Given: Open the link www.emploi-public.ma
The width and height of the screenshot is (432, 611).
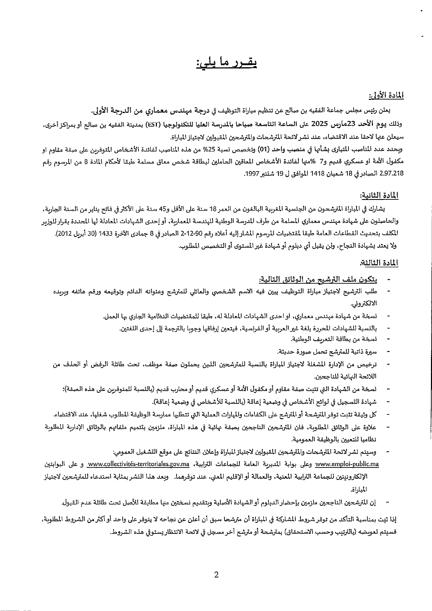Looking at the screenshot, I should [x=347, y=464].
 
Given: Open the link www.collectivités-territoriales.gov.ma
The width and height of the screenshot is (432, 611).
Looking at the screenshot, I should [x=139, y=464].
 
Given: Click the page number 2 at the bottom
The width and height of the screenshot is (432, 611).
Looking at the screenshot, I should [x=216, y=575].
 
